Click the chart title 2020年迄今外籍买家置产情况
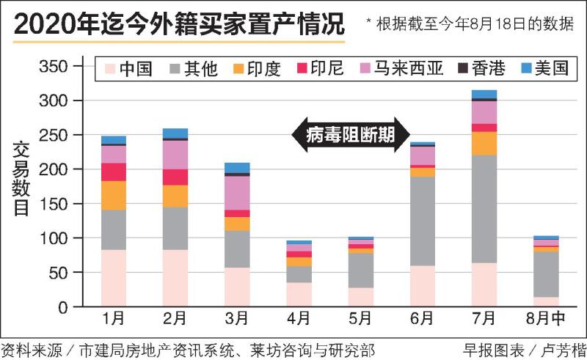point(180,24)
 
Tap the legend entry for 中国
point(128,70)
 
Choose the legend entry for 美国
point(544,70)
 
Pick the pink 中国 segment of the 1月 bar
point(114,278)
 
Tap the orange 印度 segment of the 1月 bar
point(114,195)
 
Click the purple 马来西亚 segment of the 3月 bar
point(237,193)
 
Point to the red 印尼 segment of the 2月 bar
point(175,177)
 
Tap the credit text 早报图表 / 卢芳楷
point(523,349)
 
